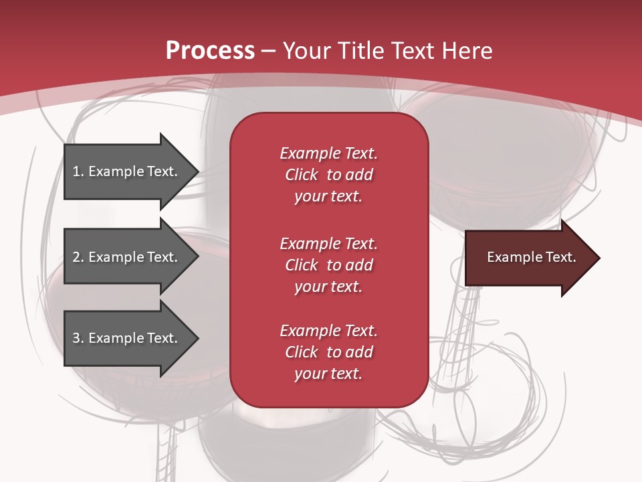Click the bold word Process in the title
pos(210,51)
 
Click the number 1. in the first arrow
pos(78,171)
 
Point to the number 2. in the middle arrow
pos(78,257)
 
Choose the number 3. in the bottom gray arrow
pos(78,338)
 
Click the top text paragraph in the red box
pos(328,175)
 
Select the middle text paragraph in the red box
pos(328,265)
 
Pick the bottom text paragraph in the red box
pos(328,352)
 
